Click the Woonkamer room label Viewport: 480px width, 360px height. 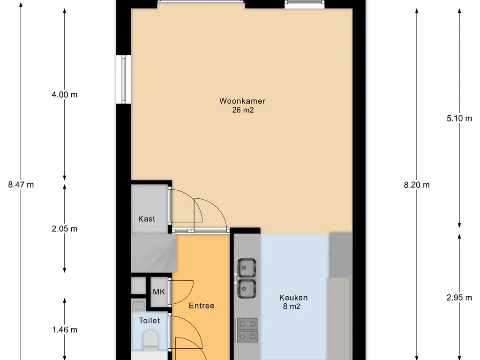click(242, 101)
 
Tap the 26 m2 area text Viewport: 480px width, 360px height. click(243, 110)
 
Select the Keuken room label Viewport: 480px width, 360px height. click(293, 298)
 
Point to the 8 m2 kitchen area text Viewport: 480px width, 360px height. click(292, 307)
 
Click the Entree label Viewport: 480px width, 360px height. click(202, 306)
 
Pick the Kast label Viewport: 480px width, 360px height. click(147, 219)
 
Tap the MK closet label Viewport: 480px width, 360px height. click(159, 292)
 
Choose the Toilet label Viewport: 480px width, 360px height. click(149, 321)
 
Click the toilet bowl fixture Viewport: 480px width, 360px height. click(150, 341)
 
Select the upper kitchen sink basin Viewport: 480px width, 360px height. click(247, 268)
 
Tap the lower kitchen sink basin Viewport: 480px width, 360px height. click(247, 289)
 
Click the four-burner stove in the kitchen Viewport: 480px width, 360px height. click(247, 330)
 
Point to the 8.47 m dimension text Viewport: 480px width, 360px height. click(21, 185)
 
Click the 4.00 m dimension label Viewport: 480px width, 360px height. click(65, 95)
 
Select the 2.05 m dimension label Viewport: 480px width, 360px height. click(65, 229)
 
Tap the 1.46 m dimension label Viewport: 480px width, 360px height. click(65, 330)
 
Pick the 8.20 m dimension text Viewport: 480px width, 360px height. click(417, 185)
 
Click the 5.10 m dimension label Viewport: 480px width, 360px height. click(459, 118)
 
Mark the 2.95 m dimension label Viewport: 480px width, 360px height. click(459, 297)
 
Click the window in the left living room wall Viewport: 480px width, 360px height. click(124, 80)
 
